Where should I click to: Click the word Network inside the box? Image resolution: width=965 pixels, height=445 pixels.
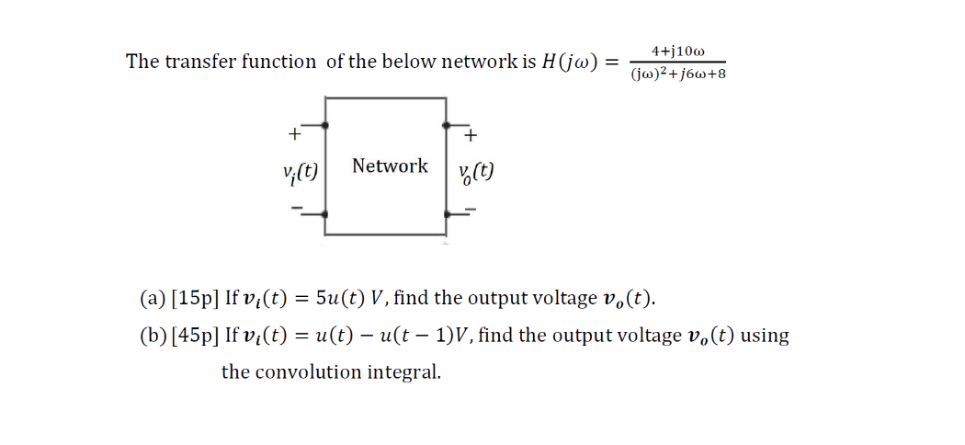tap(390, 166)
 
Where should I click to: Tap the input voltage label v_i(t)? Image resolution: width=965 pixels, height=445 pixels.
tap(301, 172)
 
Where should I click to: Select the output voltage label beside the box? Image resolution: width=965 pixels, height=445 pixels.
tap(476, 172)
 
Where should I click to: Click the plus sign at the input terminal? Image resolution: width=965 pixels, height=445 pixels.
tap(294, 134)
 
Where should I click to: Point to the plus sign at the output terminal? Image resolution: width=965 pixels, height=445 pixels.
tap(471, 137)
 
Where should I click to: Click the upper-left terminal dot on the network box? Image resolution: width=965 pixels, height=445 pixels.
tap(325, 124)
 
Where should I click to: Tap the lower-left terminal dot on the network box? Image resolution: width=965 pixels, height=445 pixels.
tap(325, 213)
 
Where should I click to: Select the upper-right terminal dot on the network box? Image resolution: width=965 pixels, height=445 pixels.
tap(447, 124)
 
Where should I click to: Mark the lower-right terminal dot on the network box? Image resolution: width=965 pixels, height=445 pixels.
tap(447, 213)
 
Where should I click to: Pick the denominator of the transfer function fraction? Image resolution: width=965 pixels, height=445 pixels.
tap(678, 74)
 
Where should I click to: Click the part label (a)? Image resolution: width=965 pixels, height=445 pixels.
tap(153, 299)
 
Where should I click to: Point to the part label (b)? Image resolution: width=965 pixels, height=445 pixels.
tap(153, 336)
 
